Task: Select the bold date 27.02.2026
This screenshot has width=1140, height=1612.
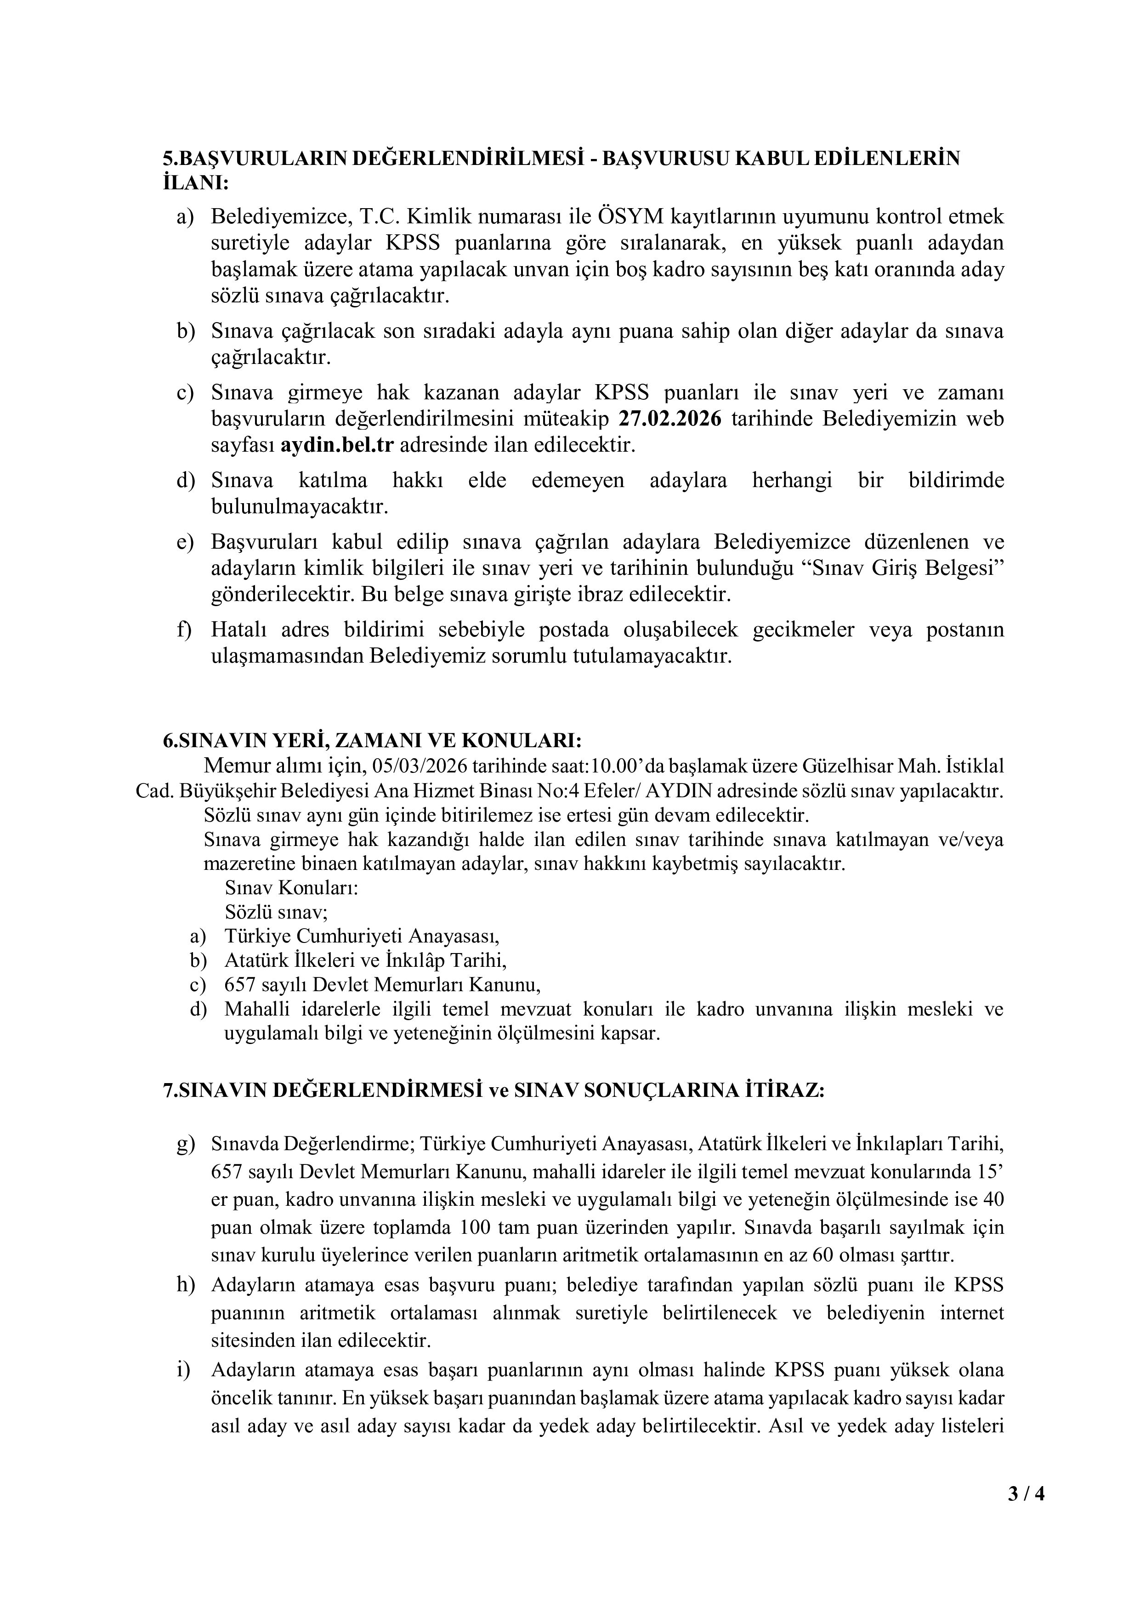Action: coord(669,419)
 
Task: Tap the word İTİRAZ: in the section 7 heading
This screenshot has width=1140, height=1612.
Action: coord(784,1090)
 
